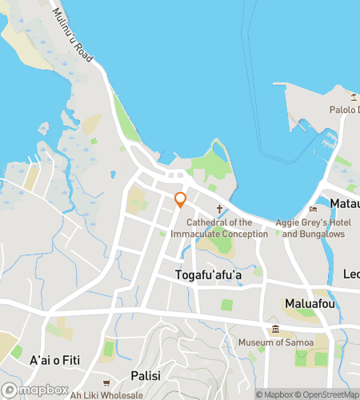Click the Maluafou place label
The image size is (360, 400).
(x=309, y=303)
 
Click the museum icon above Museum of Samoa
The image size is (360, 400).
(x=275, y=330)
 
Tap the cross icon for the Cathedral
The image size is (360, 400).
(x=219, y=208)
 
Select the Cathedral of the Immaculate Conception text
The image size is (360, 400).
(x=227, y=228)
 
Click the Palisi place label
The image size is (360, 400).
(x=146, y=375)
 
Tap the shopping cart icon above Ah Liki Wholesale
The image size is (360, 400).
(x=106, y=382)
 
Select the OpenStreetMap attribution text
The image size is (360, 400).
(x=328, y=394)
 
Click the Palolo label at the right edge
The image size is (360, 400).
(x=345, y=110)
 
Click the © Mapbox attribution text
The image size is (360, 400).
(x=275, y=394)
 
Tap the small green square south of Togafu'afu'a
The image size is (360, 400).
(x=227, y=305)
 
